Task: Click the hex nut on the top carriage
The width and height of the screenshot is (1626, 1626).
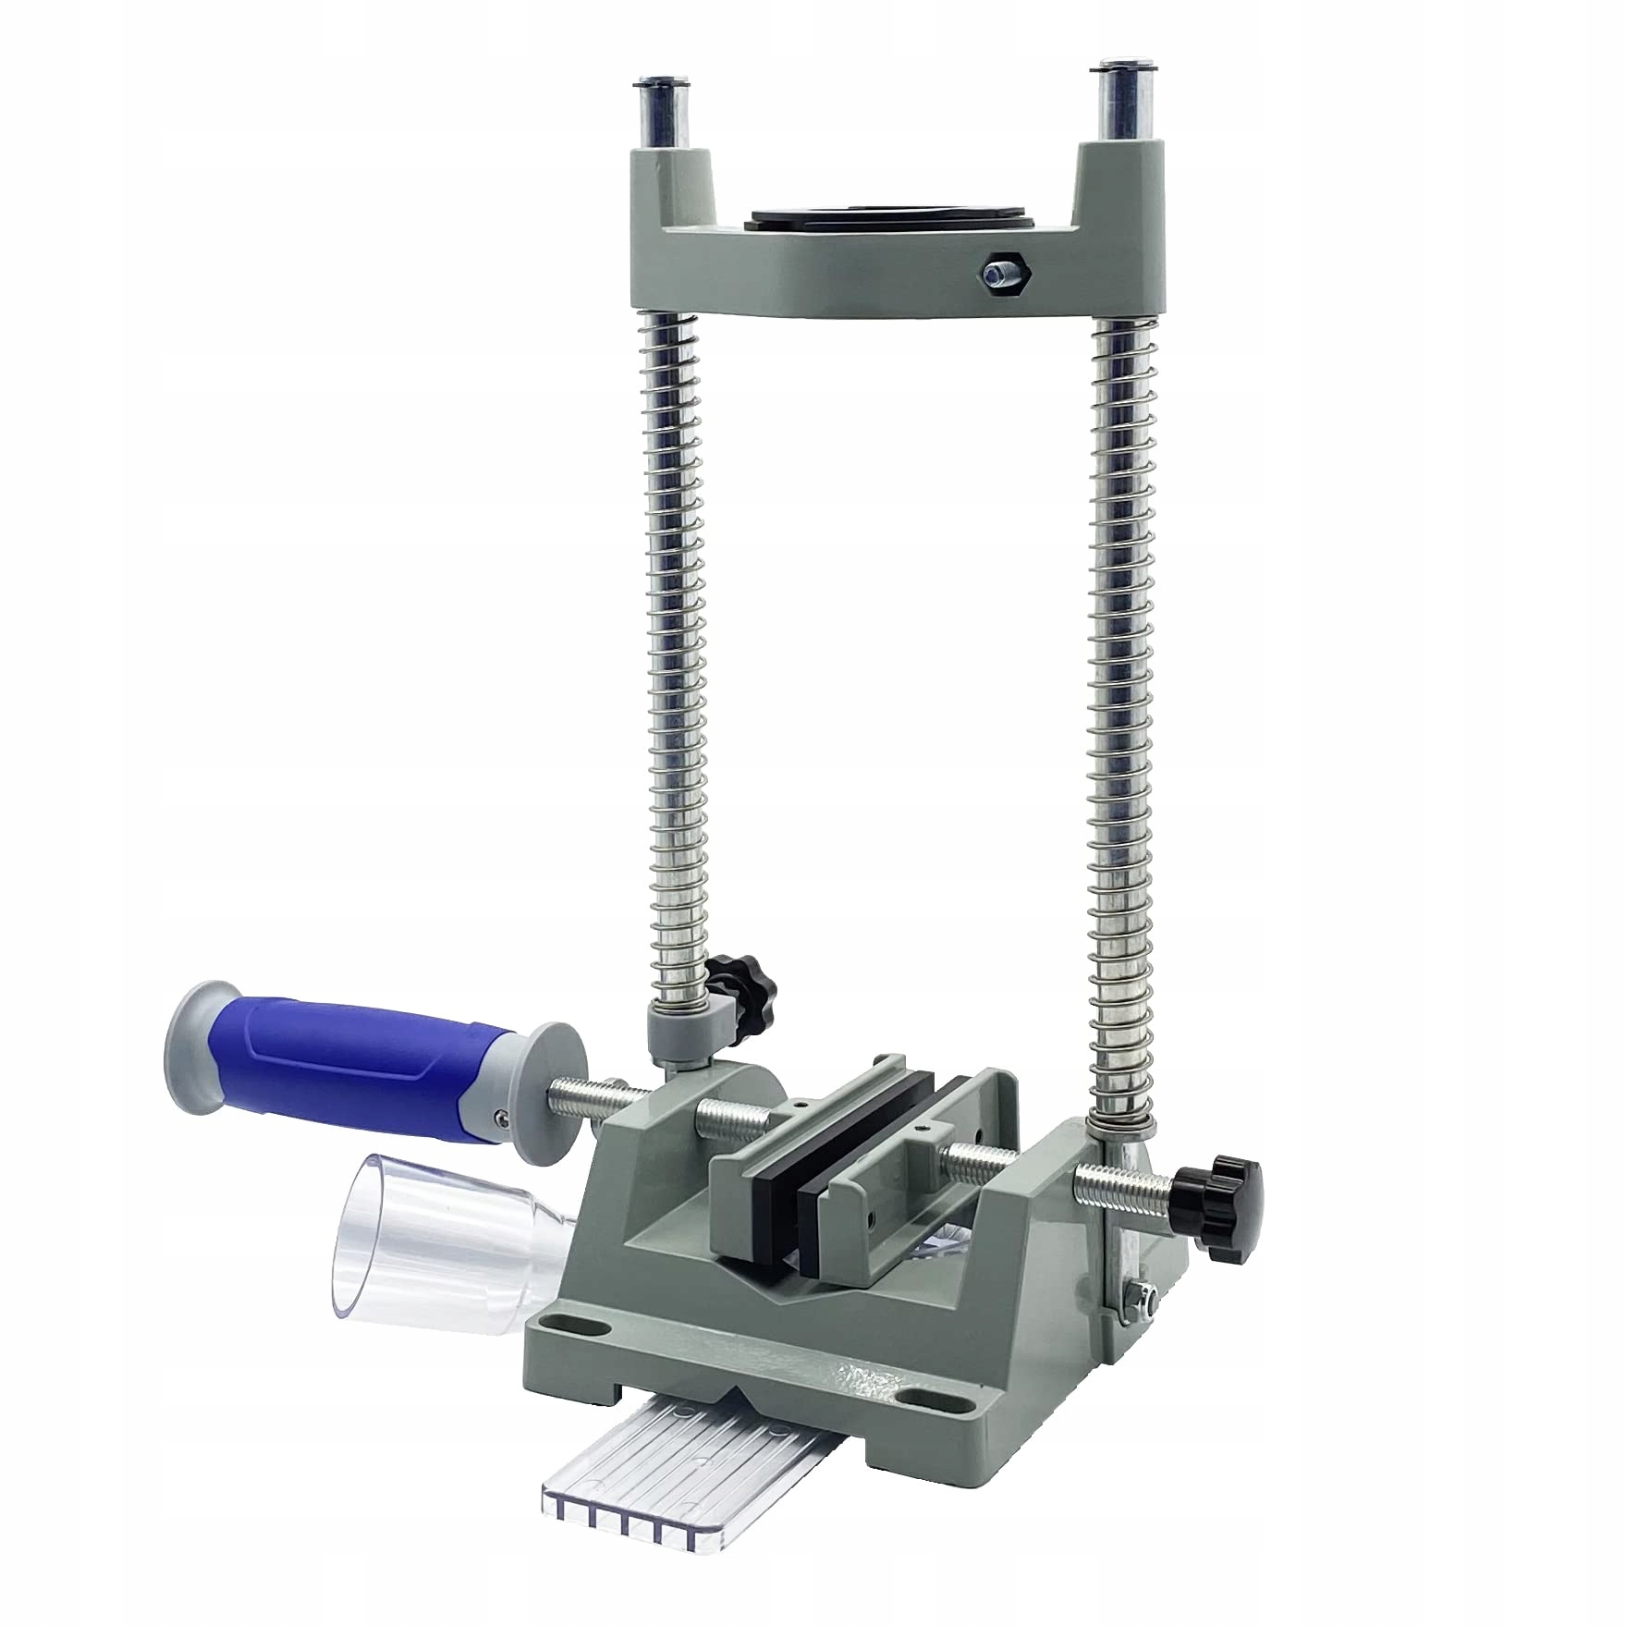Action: tap(999, 270)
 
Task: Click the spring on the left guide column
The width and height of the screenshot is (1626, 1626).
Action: tap(682, 647)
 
